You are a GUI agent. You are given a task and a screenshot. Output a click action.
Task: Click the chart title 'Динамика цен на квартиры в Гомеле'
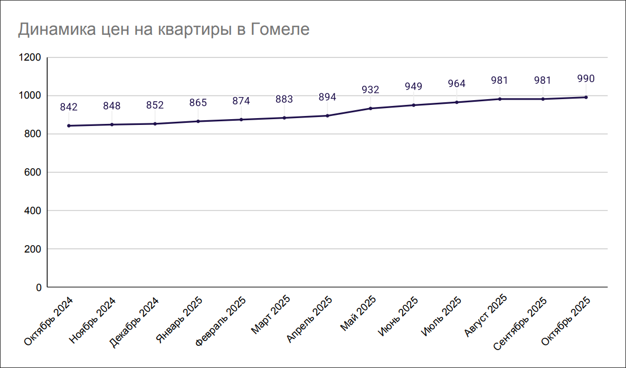(x=164, y=30)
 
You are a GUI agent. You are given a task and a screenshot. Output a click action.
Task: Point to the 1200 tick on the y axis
(x=30, y=57)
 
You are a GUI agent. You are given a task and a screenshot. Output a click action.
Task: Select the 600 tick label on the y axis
(x=33, y=172)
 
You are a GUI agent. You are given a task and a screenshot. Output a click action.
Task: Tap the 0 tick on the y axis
(x=39, y=287)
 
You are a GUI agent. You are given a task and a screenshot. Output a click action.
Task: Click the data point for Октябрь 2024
(x=69, y=125)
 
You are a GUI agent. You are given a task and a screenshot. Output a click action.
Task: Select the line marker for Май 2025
(x=371, y=108)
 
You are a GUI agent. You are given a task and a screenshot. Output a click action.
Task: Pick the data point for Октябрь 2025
(x=586, y=97)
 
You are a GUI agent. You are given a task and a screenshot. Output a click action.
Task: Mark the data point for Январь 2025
(x=198, y=121)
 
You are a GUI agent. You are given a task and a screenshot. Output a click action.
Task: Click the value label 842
(x=69, y=107)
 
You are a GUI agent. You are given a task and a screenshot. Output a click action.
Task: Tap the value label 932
(x=371, y=90)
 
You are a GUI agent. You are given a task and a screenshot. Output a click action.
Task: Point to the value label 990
(x=586, y=79)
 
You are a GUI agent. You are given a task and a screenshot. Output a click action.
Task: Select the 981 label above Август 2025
(x=499, y=81)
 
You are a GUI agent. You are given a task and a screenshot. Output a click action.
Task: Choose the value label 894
(x=327, y=97)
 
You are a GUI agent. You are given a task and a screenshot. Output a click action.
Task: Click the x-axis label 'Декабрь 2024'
(x=135, y=321)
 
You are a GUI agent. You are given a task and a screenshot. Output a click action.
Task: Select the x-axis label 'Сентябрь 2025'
(x=520, y=324)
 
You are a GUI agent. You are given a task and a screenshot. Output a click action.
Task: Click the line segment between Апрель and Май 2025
(x=349, y=112)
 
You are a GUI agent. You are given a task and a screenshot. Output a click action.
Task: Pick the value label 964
(x=457, y=83)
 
